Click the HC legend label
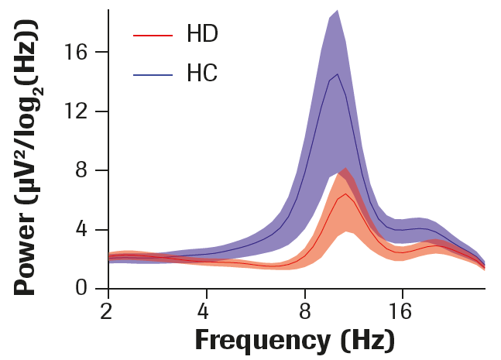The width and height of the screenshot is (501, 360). click(x=202, y=74)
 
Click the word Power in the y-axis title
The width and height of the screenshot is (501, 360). click(x=28, y=256)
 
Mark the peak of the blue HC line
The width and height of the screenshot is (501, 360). click(x=338, y=74)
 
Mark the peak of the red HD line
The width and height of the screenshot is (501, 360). click(x=344, y=194)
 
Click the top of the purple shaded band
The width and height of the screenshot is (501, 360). click(x=337, y=11)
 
